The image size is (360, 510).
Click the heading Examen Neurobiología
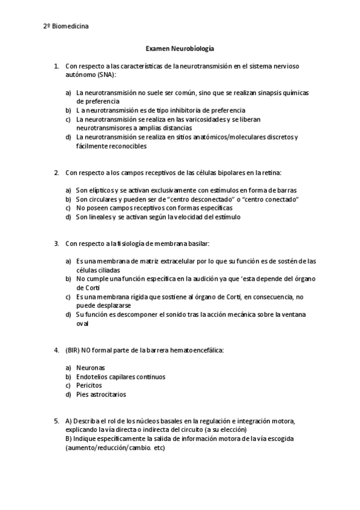180,48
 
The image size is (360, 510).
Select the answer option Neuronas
90,367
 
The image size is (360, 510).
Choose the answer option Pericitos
89,385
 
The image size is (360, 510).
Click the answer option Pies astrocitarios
101,394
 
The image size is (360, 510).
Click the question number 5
56,420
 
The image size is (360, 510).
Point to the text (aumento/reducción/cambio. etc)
115,447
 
